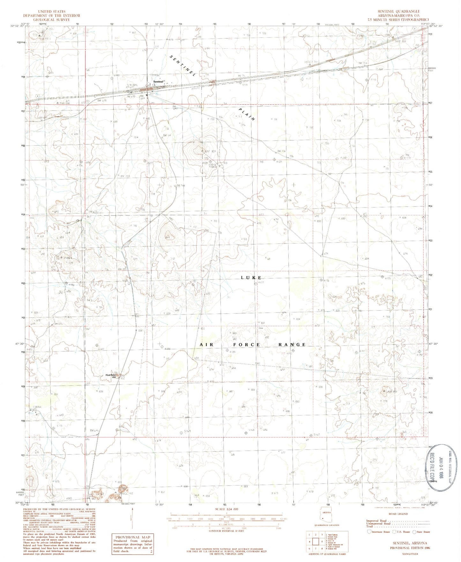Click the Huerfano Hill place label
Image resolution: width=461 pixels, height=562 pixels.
[x=110, y=376]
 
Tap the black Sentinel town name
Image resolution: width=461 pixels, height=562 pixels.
[x=158, y=82]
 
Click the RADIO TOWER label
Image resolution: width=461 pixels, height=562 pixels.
[x=213, y=165]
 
